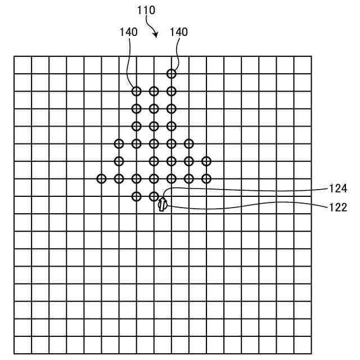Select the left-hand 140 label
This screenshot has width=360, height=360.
click(x=128, y=32)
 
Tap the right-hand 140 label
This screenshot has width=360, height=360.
click(x=178, y=32)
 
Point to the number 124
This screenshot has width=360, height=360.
click(x=338, y=188)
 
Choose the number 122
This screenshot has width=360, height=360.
click(x=338, y=207)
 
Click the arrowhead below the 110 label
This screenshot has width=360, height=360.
click(x=155, y=35)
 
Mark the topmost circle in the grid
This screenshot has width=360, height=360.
click(x=171, y=73)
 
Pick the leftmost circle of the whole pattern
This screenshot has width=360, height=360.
click(x=101, y=179)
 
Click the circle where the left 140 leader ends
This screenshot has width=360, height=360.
click(x=136, y=91)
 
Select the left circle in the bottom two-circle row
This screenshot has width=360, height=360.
click(x=136, y=196)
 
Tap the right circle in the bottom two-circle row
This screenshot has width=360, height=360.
click(x=154, y=196)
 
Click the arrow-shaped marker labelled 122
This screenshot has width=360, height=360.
click(x=162, y=205)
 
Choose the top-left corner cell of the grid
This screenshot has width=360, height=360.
click(x=22, y=65)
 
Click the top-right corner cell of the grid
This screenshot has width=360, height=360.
click(x=302, y=65)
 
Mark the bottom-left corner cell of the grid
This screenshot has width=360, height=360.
click(x=22, y=345)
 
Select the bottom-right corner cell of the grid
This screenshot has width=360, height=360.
click(x=302, y=345)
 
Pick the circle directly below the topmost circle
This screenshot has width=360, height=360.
click(x=171, y=91)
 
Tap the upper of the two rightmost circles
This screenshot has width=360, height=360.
click(x=206, y=161)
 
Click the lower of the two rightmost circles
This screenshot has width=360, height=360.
click(x=206, y=179)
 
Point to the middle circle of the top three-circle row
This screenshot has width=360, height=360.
click(x=154, y=91)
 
